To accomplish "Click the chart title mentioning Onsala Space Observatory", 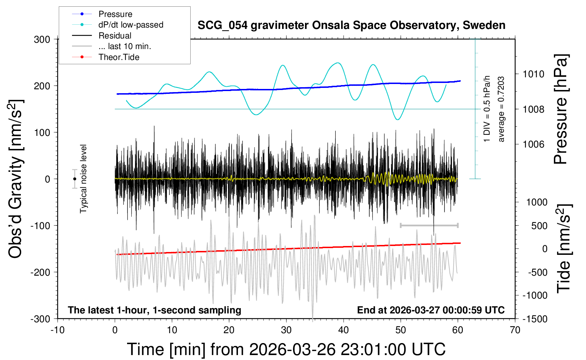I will click(x=351, y=25).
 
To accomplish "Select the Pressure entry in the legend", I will click(x=115, y=14).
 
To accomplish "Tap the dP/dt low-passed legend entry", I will click(x=131, y=25).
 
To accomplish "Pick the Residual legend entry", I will click(x=115, y=36).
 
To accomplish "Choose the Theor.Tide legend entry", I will click(x=119, y=57).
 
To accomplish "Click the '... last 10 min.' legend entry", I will click(x=125, y=46).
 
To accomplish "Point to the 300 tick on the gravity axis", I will click(x=42, y=40).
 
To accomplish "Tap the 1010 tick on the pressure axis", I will click(x=533, y=74).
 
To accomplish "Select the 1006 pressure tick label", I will click(x=533, y=144).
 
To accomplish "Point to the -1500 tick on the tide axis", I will click(x=535, y=319).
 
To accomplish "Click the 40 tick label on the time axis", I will click(x=343, y=330).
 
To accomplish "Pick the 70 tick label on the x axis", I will click(x=515, y=330).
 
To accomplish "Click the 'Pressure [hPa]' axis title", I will click(x=561, y=109).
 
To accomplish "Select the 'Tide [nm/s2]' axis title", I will click(x=563, y=248).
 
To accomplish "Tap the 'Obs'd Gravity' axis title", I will click(x=16, y=179).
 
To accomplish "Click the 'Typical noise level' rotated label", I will click(x=83, y=179).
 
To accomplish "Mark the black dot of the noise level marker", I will click(x=74, y=179).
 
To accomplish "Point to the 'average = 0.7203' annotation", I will click(x=501, y=109).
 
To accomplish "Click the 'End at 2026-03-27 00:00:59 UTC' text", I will click(x=431, y=310).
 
